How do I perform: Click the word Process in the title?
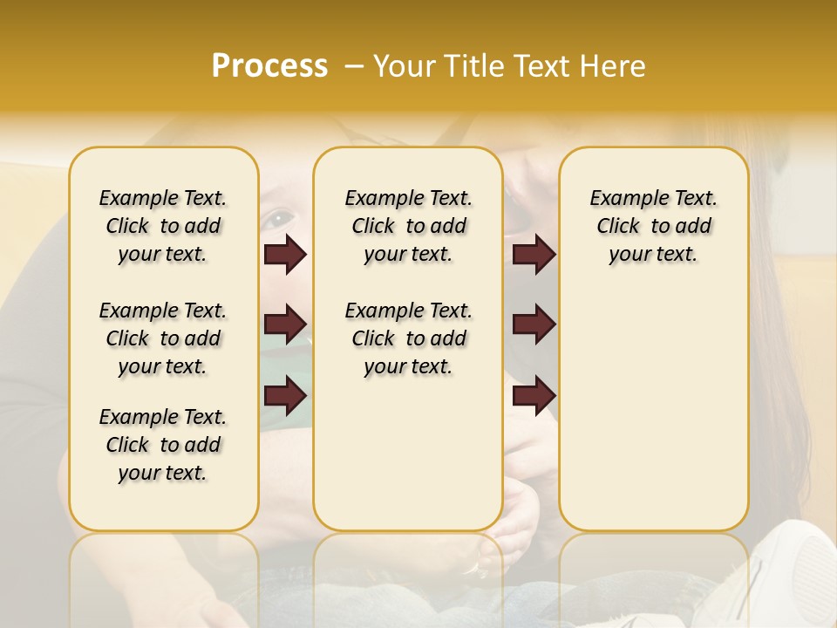pos(269,66)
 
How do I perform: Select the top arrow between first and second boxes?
pos(285,254)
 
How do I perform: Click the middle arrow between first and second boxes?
pos(285,324)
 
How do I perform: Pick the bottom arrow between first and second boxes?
pos(285,396)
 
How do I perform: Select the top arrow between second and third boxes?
pos(534,254)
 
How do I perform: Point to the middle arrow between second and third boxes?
pos(534,324)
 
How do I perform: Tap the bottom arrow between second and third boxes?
pos(534,396)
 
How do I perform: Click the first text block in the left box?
pos(163,226)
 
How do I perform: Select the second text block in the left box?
pos(163,338)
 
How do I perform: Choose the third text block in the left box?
pos(163,445)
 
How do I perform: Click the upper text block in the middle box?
pos(408,226)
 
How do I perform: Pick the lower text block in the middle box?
pos(408,338)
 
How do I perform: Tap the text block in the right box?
pos(653,226)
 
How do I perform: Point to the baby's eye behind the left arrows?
pos(277,217)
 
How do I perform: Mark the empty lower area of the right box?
pos(653,410)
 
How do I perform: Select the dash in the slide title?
pos(353,66)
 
